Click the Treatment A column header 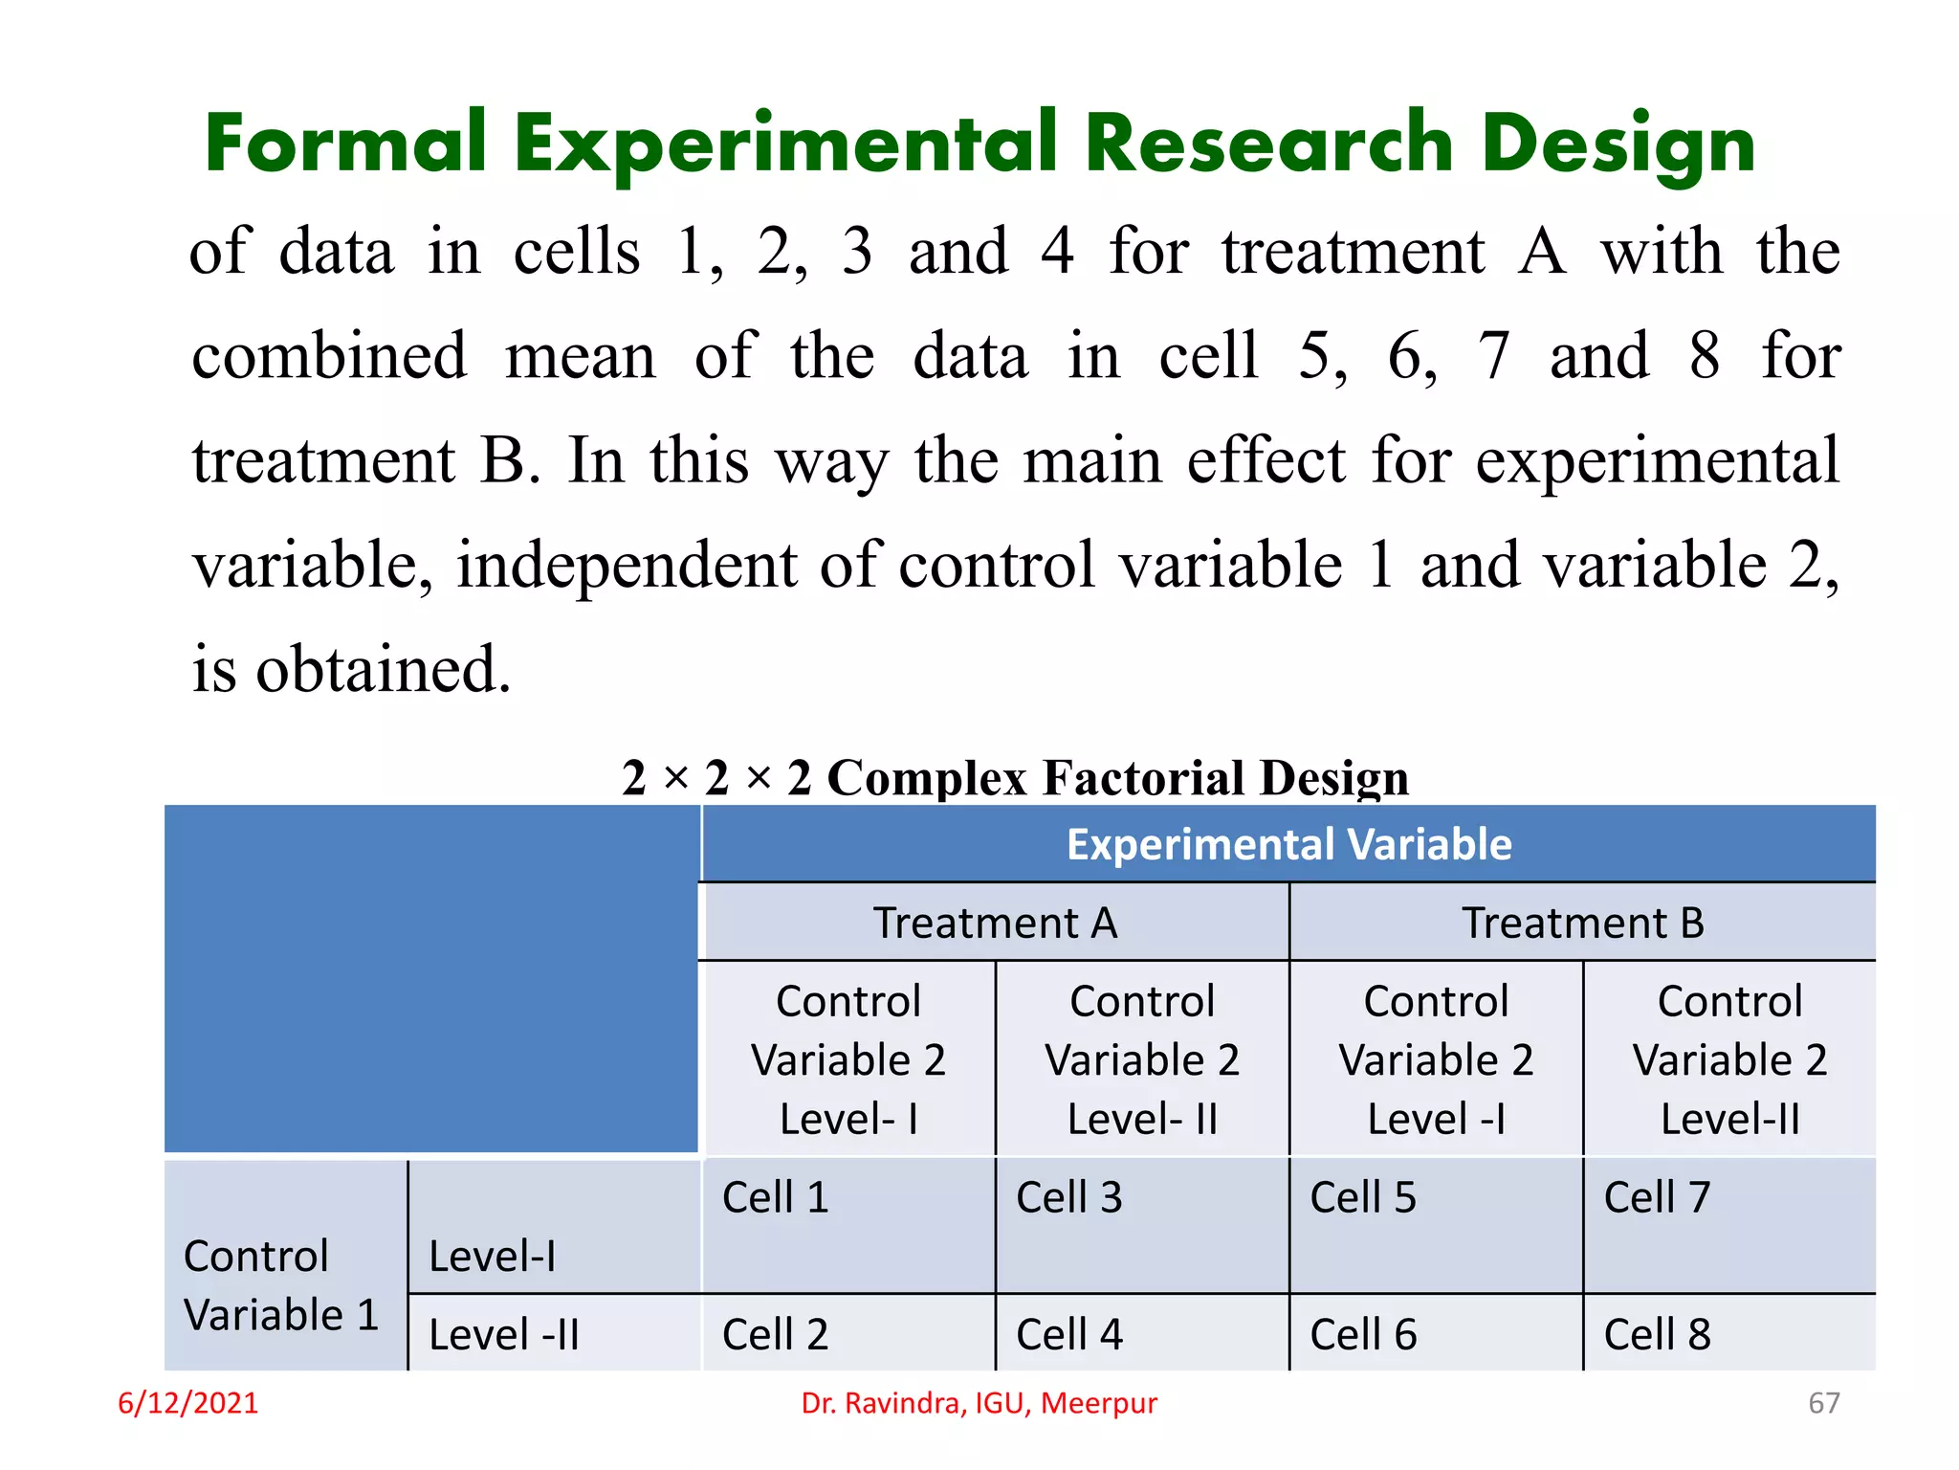pos(995,924)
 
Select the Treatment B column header pos(1583,924)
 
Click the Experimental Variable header pos(1288,845)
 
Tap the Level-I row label pos(493,1257)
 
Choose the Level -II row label pos(504,1335)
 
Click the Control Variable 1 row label pos(281,1285)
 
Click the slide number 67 pos(1823,1403)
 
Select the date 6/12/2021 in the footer pos(187,1403)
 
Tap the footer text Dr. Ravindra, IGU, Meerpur pos(979,1403)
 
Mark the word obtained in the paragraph pos(383,669)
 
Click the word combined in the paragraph pos(329,356)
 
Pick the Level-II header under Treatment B pos(1729,1060)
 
